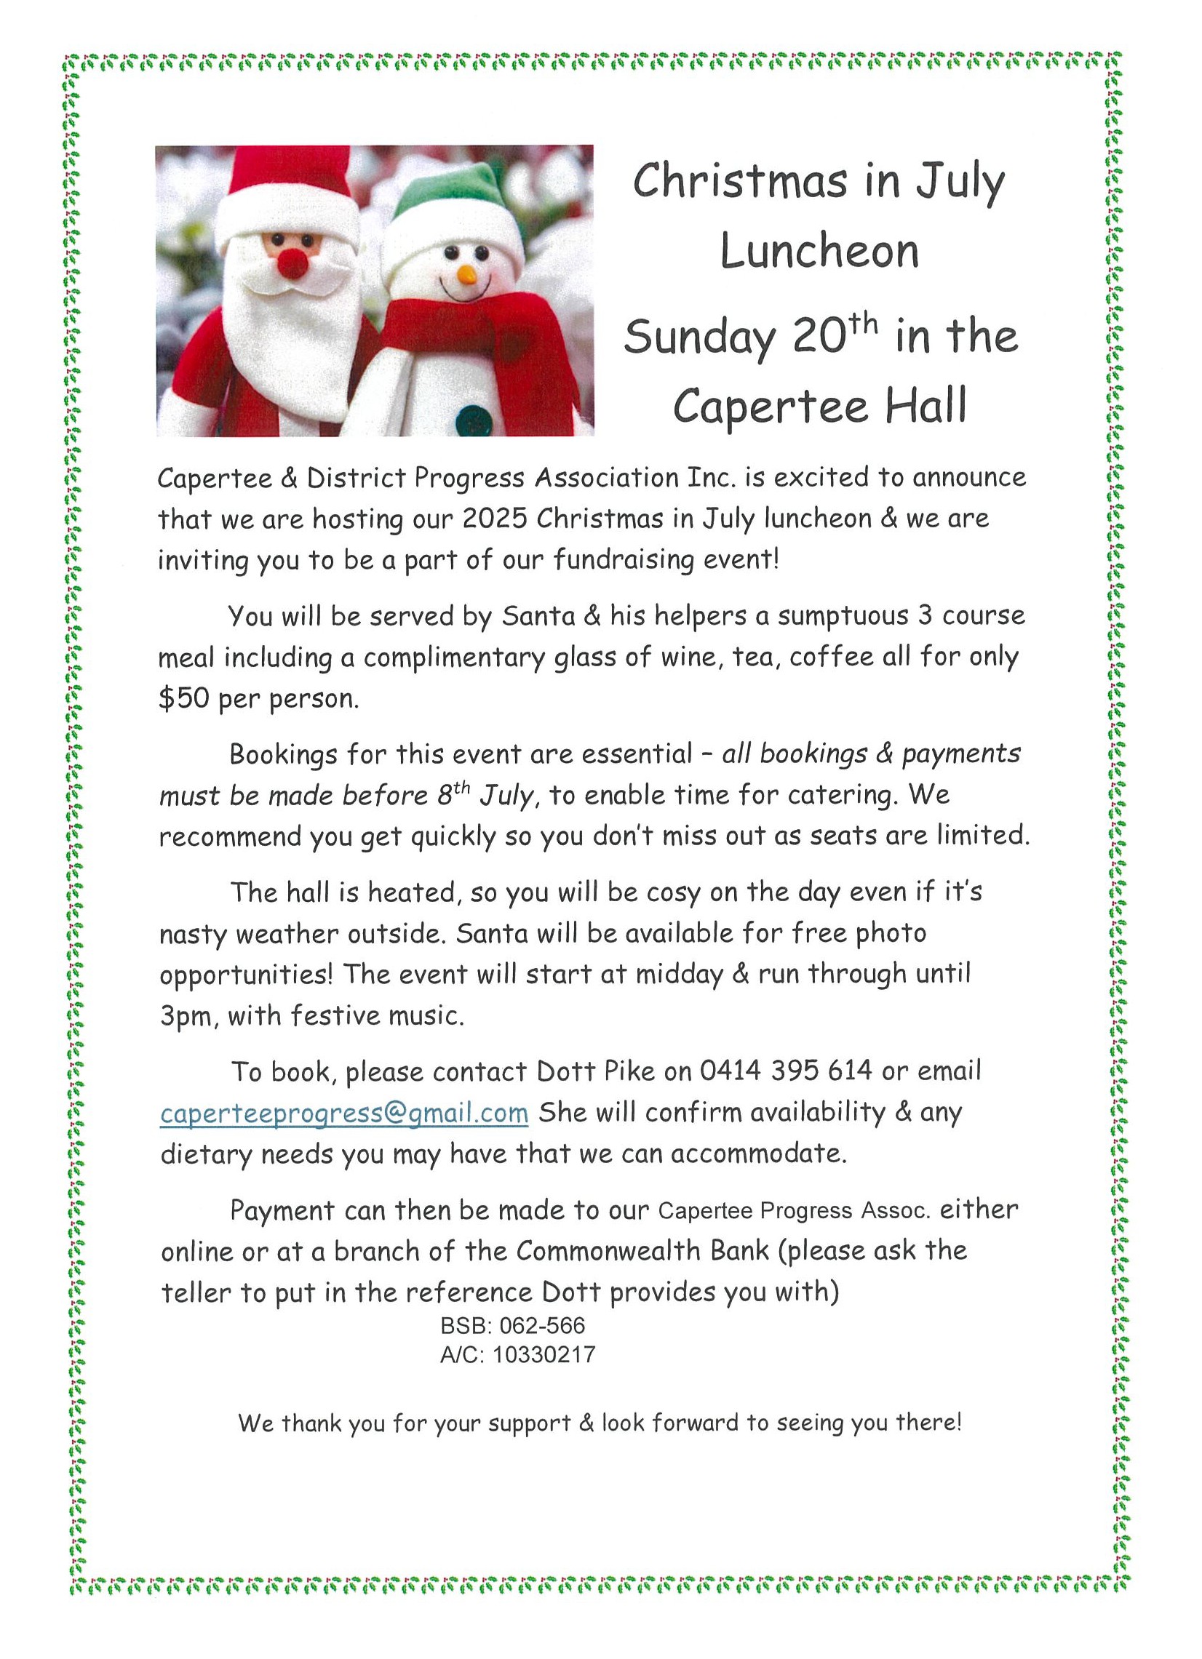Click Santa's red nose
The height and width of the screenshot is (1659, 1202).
[292, 263]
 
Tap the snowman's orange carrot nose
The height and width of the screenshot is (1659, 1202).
[466, 276]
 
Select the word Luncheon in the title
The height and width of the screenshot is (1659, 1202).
[819, 251]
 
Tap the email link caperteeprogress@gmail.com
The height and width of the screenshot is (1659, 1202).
[344, 1113]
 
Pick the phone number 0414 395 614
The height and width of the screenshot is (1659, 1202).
[786, 1071]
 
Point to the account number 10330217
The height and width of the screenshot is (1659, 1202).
[544, 1355]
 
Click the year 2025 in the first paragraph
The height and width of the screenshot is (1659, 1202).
[495, 519]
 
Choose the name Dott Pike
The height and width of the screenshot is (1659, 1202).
[595, 1071]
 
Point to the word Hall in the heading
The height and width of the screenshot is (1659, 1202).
[926, 406]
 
